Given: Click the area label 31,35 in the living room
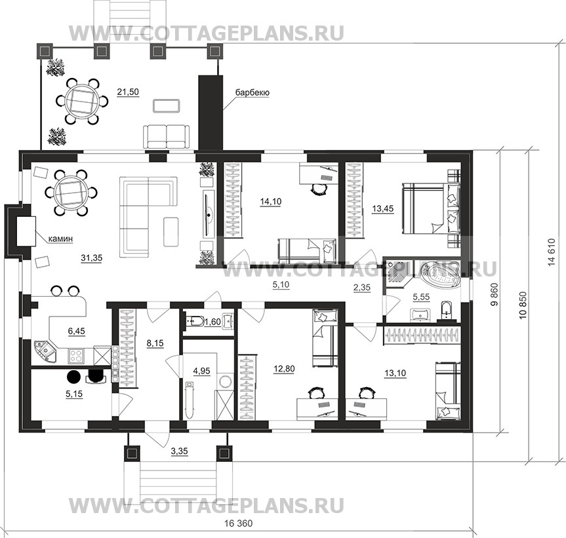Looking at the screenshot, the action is tap(92, 258).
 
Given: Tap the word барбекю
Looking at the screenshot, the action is tap(253, 92).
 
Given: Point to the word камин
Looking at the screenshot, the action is tap(61, 239).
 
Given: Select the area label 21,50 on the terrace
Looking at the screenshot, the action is tap(128, 92).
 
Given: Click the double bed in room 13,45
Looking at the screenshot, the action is tap(432, 208).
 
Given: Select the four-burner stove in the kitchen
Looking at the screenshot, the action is tap(77, 356).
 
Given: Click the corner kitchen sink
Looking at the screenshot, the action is tap(45, 352).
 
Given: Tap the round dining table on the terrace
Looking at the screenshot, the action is tap(81, 100).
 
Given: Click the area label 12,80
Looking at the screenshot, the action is tap(284, 368).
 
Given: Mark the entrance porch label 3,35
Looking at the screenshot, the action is tap(180, 451).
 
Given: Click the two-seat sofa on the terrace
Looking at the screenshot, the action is tap(167, 136).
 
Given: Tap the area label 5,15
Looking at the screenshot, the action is tap(74, 394).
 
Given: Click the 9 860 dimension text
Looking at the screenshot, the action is tap(495, 295).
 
